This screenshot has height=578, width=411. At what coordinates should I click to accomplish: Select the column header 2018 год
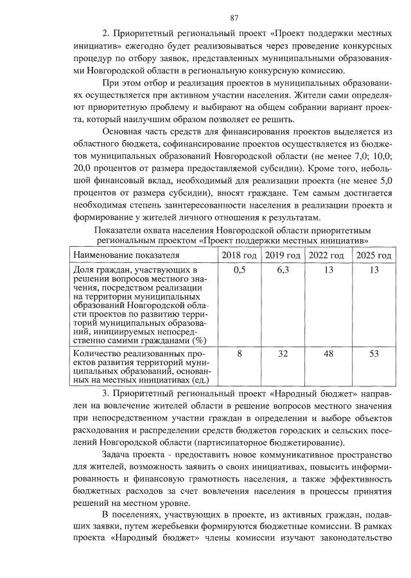click(x=239, y=255)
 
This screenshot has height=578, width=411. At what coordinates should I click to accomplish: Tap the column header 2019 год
click(x=283, y=255)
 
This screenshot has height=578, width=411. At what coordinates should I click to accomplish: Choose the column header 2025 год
click(x=373, y=255)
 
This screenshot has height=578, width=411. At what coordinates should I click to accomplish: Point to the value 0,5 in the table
click(x=239, y=270)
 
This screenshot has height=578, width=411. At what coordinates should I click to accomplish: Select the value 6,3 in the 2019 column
click(x=283, y=270)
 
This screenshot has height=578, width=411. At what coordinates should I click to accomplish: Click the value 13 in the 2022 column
click(x=328, y=270)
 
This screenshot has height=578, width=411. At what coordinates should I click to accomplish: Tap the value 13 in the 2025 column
click(x=374, y=270)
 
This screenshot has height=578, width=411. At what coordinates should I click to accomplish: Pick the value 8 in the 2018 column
click(x=239, y=354)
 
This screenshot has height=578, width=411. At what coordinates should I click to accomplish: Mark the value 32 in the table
click(x=283, y=354)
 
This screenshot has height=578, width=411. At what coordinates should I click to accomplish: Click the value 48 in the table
click(x=328, y=354)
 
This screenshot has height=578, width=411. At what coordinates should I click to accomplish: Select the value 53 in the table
click(x=374, y=354)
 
